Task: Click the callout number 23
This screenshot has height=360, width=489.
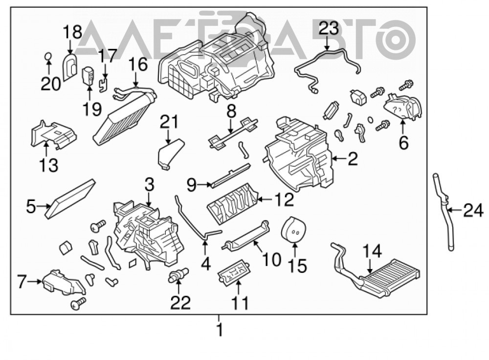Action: coord(329,29)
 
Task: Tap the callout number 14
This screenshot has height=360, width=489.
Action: coord(373,251)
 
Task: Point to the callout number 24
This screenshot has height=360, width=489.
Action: coord(473,210)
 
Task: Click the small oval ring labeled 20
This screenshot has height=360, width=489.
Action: coord(48,56)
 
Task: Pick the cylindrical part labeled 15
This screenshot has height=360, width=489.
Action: coord(293,229)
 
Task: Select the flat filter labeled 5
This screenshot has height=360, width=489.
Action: coord(70,199)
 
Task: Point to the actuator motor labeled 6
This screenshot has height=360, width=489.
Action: coord(402,106)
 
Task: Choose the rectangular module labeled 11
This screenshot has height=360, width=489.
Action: coord(235,273)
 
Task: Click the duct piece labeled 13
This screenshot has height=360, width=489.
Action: coord(53,134)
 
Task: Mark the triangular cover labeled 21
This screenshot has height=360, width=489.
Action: coord(170,153)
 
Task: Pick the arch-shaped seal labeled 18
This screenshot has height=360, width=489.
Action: coord(70,67)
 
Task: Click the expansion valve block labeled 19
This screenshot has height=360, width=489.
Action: coord(88,76)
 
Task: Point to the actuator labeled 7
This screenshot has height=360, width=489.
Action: coord(63,283)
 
